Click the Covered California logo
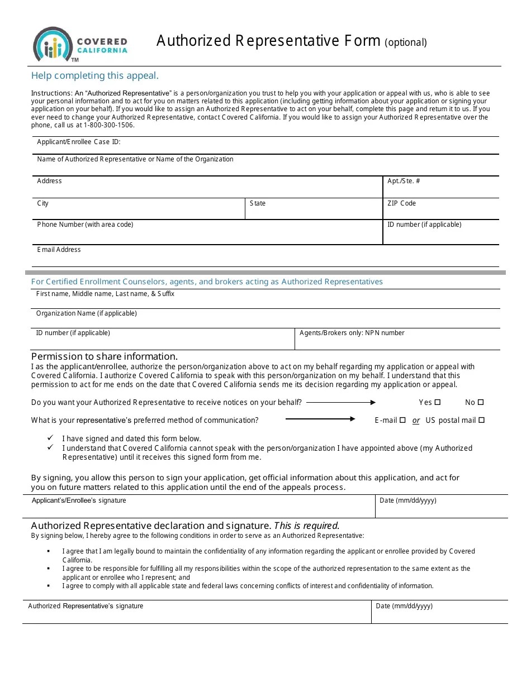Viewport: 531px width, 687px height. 80,45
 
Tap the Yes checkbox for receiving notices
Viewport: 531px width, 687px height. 438,402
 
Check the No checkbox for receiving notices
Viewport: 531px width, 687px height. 481,402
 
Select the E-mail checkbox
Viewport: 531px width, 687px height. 402,420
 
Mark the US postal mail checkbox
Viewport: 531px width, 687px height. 482,420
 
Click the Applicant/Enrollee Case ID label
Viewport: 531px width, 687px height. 79,142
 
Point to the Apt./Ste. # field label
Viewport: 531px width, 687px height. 404,181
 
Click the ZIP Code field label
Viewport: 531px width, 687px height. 401,203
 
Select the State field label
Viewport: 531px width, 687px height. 258,203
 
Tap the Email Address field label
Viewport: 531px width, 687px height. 59,250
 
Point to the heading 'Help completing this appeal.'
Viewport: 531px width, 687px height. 95,75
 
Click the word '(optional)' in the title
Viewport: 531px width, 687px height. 406,42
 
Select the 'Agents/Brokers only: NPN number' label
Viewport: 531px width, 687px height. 352,333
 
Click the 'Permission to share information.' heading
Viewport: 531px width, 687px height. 105,356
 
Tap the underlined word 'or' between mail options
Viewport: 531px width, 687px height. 416,421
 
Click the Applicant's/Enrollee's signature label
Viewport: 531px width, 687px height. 79,500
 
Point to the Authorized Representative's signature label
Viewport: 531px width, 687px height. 86,606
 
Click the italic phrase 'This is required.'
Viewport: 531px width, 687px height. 307,526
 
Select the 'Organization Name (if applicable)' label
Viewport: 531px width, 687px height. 87,313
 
